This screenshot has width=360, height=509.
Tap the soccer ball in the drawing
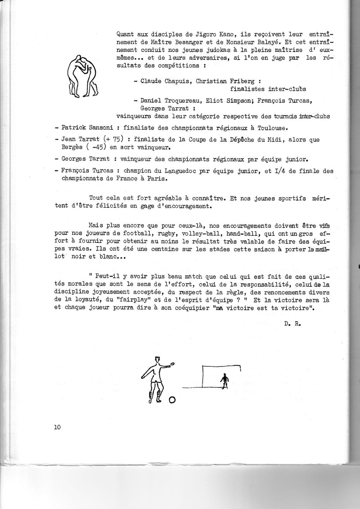pyautogui.click(x=172, y=400)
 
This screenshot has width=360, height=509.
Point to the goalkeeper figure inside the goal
pyautogui.click(x=225, y=381)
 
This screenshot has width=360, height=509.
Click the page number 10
pyautogui.click(x=57, y=427)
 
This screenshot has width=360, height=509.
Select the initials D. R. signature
pyautogui.click(x=292, y=323)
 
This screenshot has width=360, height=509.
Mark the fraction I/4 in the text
pyautogui.click(x=279, y=171)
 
